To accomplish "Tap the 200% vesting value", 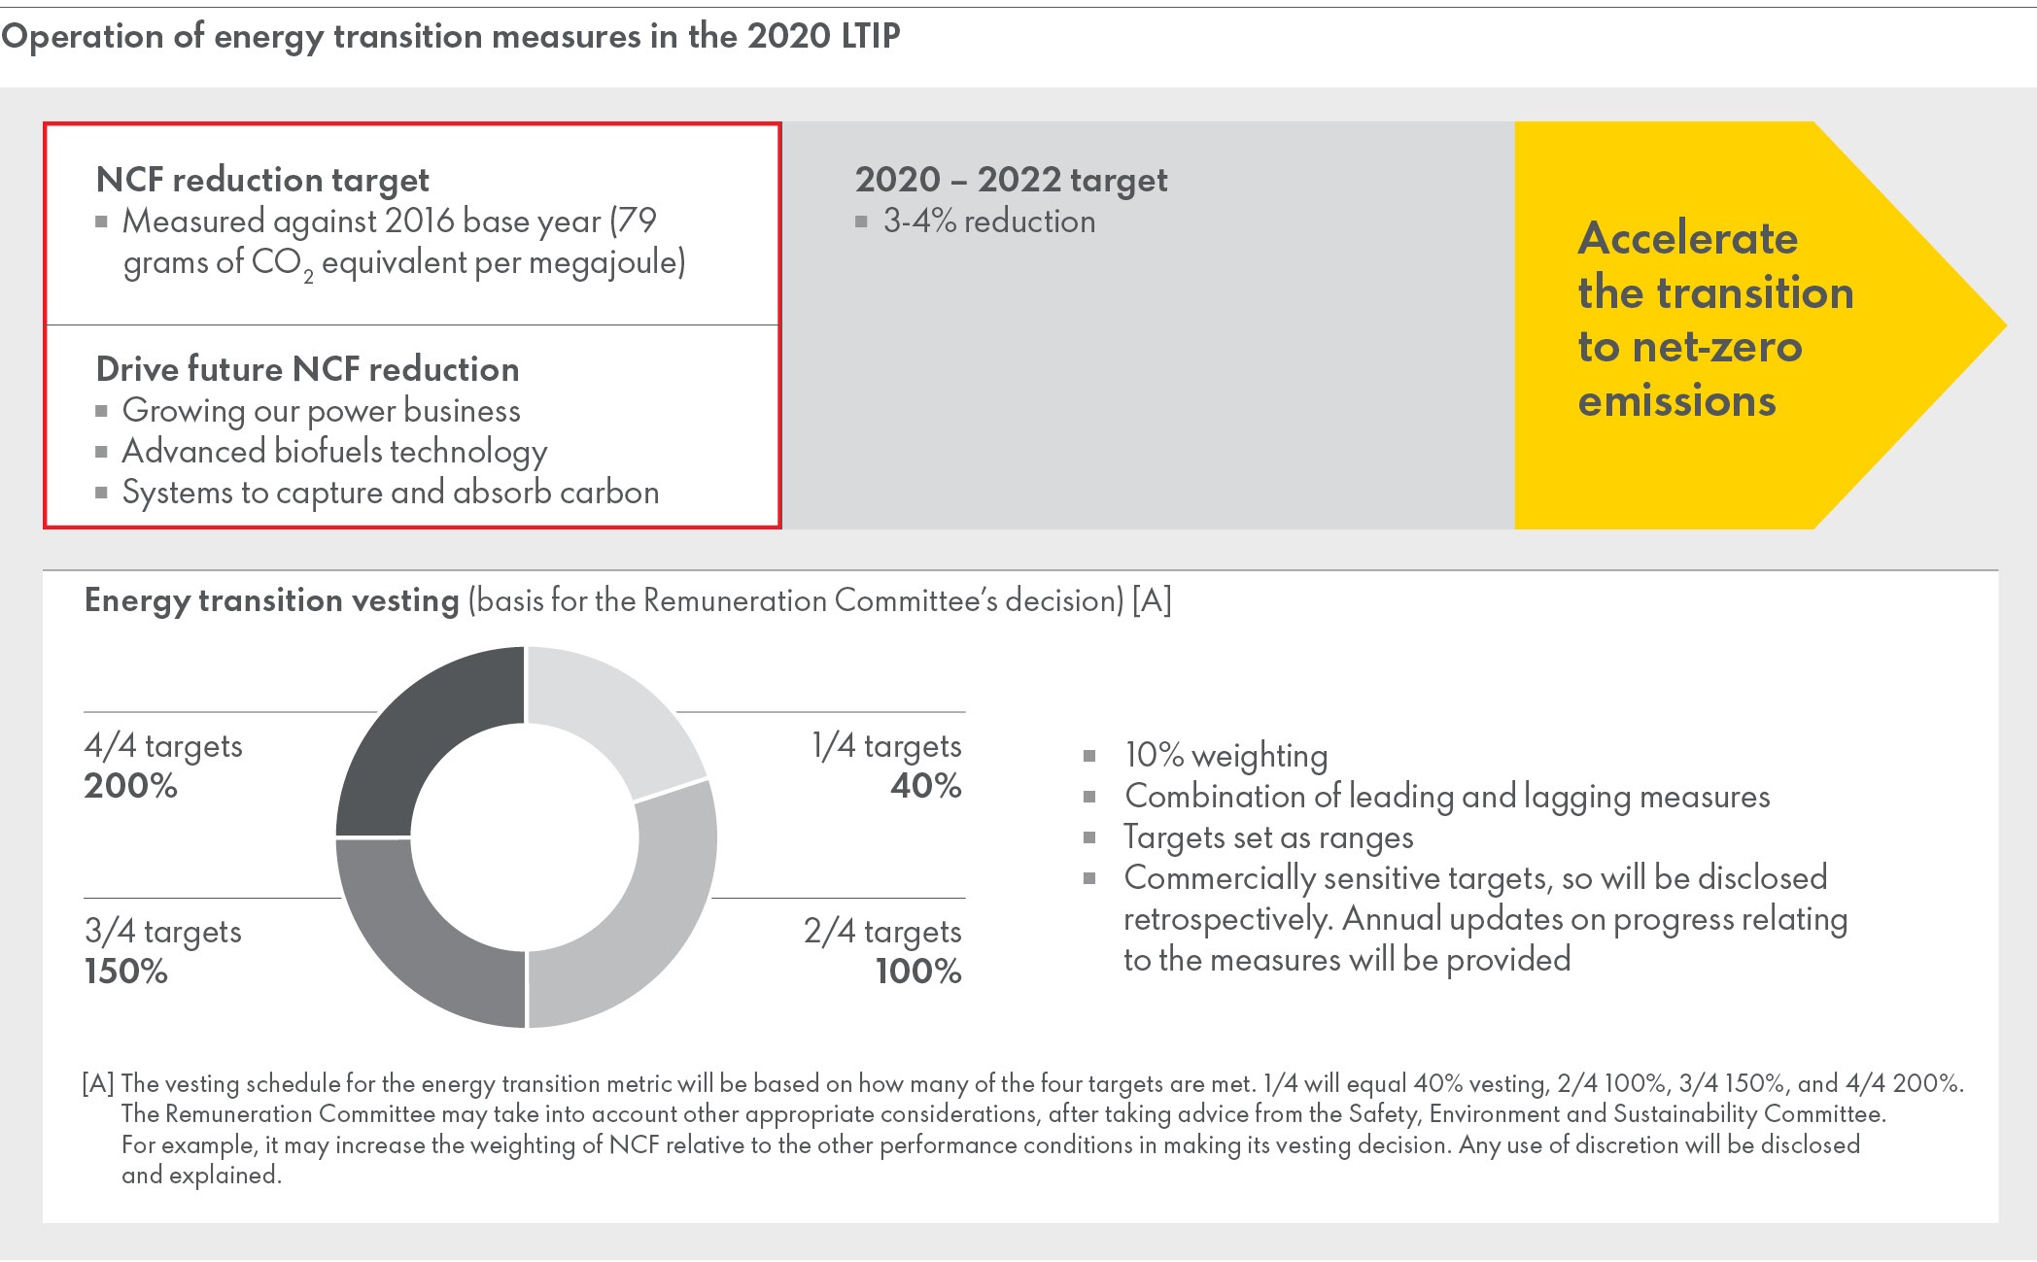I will tap(131, 785).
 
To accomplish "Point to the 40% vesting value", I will tap(926, 785).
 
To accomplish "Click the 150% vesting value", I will tap(126, 971).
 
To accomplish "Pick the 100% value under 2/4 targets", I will tap(918, 971).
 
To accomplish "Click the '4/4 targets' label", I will tap(163, 746).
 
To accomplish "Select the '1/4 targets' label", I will tap(886, 746).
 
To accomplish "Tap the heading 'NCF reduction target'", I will tap(262, 180).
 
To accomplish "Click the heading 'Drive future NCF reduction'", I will tap(308, 369).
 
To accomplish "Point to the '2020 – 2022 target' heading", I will tap(1011, 180).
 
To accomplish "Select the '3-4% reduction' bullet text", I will tap(988, 222).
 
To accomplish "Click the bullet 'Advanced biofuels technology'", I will tap(334, 452).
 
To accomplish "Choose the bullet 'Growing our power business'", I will tap(321, 411).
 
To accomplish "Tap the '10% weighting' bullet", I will tap(1226, 756).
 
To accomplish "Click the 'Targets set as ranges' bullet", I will tap(1268, 837).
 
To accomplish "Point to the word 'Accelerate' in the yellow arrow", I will tap(1688, 238).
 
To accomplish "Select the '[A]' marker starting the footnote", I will tap(98, 1083).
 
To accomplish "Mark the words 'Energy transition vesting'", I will tap(272, 600).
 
